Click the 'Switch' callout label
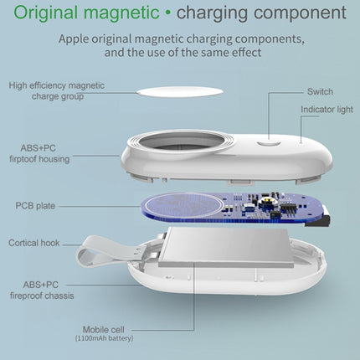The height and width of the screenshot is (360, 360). [320, 90]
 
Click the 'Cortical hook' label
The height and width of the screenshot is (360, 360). [35, 243]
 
